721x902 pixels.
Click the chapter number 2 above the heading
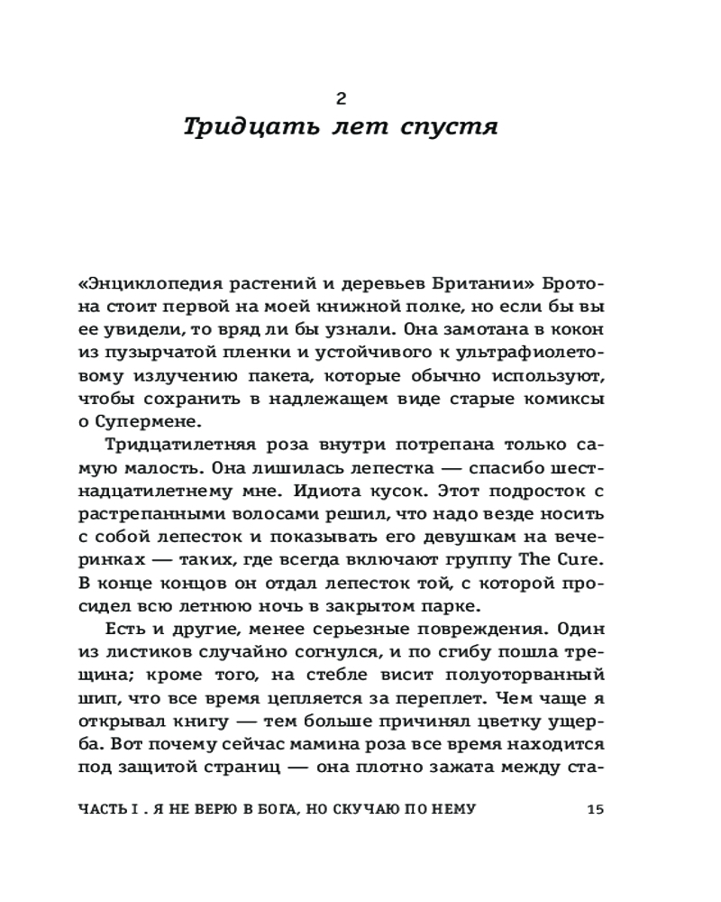pyautogui.click(x=341, y=98)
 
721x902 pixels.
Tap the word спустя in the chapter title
pyautogui.click(x=449, y=128)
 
